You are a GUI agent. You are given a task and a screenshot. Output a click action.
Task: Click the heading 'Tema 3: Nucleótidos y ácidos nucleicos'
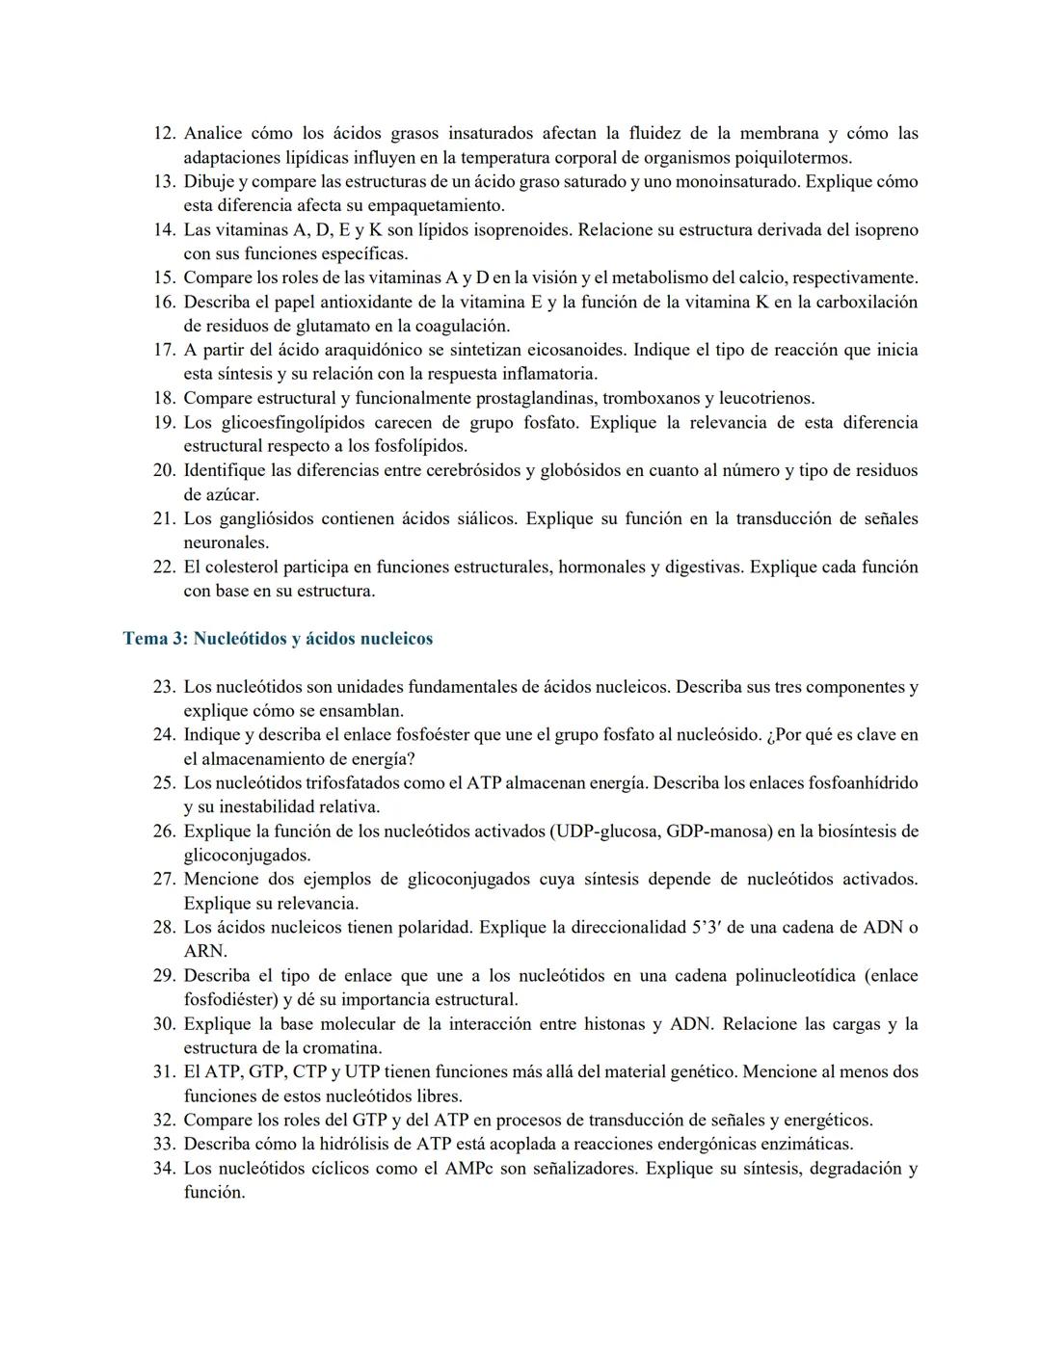pyautogui.click(x=278, y=639)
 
